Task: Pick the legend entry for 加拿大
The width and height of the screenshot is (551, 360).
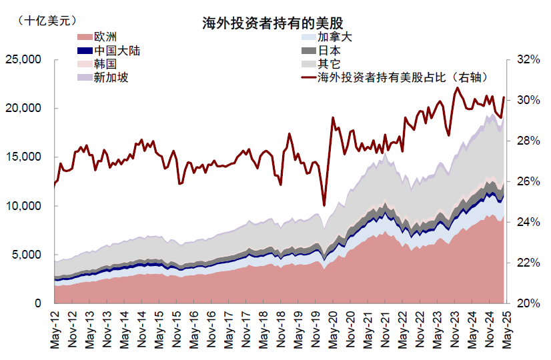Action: pos(334,37)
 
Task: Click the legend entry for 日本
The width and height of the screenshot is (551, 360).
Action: pos(329,51)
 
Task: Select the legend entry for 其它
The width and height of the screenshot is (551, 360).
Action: pos(329,64)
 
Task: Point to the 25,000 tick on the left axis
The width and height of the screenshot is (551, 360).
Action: pos(23,60)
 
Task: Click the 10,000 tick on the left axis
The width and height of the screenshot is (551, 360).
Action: pos(23,207)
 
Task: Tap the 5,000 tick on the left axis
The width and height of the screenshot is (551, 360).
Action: pos(27,255)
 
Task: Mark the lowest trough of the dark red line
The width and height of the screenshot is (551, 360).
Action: pos(324,205)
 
